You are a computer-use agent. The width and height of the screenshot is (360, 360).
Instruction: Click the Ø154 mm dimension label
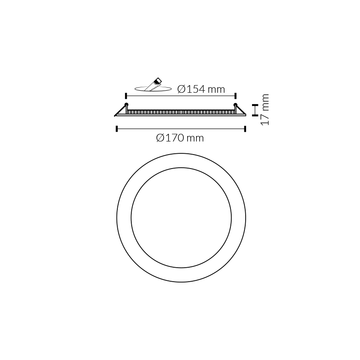[x=201, y=89]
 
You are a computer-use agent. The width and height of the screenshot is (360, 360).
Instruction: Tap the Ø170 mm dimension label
[x=180, y=138]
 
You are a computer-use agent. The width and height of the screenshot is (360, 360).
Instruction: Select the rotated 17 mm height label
[x=265, y=110]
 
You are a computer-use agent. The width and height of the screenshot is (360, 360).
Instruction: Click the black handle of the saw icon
[x=158, y=80]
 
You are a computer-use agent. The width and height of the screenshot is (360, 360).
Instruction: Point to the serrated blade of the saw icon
[x=151, y=87]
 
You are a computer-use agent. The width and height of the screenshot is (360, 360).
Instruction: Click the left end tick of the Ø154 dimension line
[x=126, y=96]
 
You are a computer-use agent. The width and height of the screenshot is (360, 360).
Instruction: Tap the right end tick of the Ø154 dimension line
[x=235, y=96]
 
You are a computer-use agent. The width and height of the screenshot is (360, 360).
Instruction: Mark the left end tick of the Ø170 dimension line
[x=116, y=129]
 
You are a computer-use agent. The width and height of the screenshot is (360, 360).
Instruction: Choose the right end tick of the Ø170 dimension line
[x=245, y=129]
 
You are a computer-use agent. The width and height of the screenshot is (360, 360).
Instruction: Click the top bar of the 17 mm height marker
[x=255, y=105]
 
